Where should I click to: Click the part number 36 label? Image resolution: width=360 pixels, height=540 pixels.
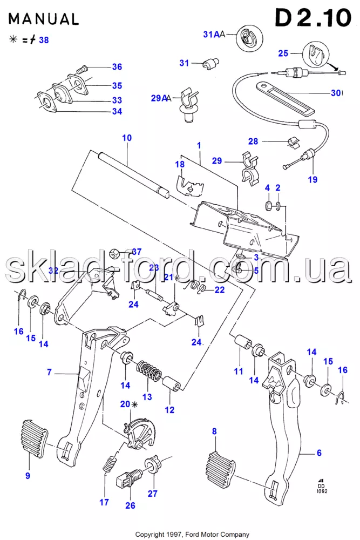click(117, 67)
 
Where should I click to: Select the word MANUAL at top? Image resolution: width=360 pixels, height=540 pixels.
click(43, 19)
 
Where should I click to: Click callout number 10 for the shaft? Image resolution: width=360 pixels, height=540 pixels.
click(127, 138)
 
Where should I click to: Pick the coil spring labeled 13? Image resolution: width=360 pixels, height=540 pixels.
click(148, 372)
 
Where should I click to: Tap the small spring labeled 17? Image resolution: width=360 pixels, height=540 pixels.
click(110, 464)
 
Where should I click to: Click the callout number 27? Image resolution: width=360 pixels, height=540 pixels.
click(153, 493)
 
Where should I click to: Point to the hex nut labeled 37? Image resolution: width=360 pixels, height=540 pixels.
click(114, 252)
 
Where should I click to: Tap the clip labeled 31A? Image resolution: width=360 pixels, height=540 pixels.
click(249, 37)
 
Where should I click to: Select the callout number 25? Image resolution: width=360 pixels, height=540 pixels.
click(283, 53)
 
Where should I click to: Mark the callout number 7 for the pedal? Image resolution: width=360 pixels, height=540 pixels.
click(49, 372)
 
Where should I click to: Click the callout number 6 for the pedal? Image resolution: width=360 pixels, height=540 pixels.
click(319, 453)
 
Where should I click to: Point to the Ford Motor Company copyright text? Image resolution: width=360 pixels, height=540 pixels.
click(192, 535)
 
